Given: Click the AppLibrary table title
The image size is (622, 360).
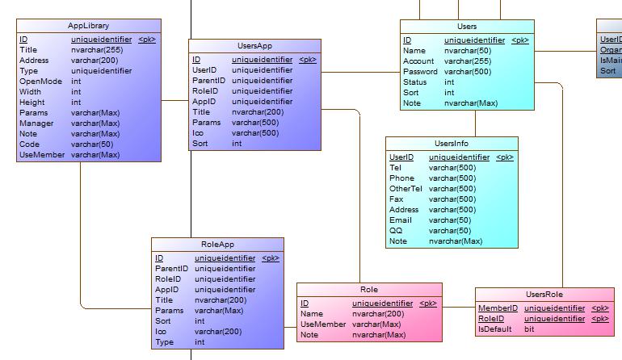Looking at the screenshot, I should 88,26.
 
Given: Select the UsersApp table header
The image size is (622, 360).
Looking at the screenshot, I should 254,47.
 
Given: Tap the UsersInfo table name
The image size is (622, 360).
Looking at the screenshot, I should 451,144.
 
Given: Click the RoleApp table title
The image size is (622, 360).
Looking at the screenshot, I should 217,245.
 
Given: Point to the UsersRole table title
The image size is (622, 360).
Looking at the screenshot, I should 544,295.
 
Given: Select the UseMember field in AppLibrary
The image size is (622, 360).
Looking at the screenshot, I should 42,155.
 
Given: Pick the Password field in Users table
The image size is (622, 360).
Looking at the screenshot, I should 420,72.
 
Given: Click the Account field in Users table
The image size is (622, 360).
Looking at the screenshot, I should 418,61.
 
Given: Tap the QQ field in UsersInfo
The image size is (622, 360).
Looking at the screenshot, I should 395,231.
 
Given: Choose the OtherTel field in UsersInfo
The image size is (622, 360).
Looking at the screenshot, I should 406,189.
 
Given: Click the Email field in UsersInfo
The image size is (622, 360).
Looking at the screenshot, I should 401,220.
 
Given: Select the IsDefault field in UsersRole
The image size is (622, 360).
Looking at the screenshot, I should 494,329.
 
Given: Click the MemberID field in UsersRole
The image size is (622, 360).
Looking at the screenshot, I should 498,308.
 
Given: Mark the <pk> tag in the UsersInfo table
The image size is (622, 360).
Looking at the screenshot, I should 504,158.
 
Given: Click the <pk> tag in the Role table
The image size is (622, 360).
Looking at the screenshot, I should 428,304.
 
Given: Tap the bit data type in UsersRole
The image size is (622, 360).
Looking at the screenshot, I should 529,329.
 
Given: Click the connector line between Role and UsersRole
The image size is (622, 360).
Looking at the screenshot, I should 459,307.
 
